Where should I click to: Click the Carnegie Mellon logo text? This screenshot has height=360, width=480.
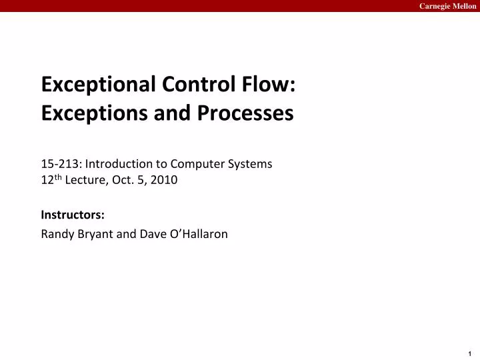[x=448, y=6]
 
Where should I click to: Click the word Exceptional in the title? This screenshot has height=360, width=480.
[x=99, y=85]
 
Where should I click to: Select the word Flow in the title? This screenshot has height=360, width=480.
[x=269, y=84]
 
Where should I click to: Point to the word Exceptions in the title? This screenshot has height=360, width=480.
[x=95, y=113]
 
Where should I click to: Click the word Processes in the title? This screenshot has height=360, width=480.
[x=245, y=113]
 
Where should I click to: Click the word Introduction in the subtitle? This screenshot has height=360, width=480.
[x=119, y=164]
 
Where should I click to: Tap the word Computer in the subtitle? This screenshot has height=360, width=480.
[x=197, y=165]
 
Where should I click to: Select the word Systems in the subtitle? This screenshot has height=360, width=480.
[x=250, y=165]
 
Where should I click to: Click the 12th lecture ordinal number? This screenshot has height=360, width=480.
[x=51, y=179]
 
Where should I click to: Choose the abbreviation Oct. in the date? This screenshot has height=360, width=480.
[x=123, y=180]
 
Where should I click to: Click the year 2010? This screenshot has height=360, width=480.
[x=164, y=180]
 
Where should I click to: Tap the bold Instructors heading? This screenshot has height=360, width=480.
[x=73, y=215]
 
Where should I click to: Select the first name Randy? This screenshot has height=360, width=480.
[x=58, y=234]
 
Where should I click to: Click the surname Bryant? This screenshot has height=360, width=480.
[x=95, y=234]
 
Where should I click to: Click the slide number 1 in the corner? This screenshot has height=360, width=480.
[x=470, y=353]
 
